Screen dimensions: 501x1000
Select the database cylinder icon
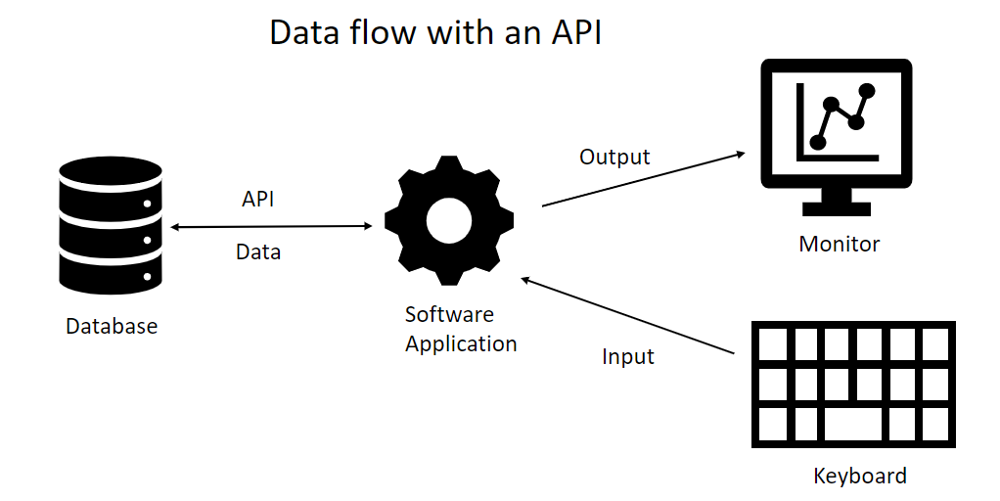point(111,225)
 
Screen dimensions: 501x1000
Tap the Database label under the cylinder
point(112,326)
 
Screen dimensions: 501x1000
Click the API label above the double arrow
point(258,199)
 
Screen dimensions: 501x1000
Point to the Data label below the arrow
point(258,252)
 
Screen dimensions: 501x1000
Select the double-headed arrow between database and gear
point(271,226)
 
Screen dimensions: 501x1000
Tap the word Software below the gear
point(449,314)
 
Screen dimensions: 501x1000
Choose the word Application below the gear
point(461,344)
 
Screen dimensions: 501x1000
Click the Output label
point(614,157)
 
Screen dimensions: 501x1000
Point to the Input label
point(627,357)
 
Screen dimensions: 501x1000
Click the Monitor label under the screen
point(840,244)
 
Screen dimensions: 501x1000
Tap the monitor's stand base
point(837,207)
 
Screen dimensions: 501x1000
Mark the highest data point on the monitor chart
point(866,92)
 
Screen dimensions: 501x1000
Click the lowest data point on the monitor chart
point(818,143)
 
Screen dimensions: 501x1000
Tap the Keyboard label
point(860,477)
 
